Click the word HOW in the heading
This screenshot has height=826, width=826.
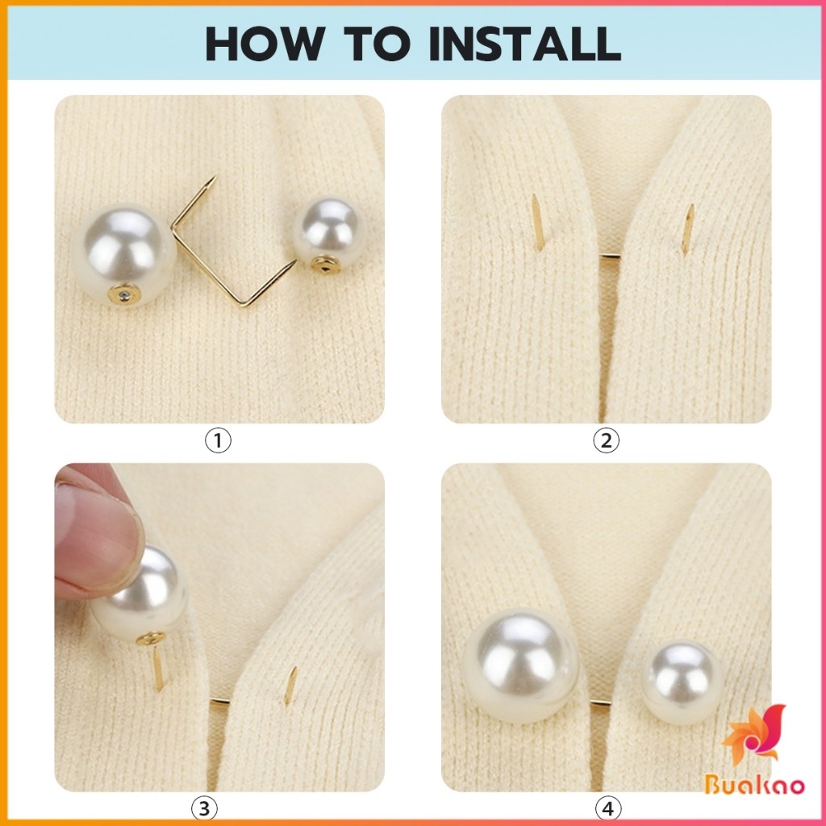pos(265,44)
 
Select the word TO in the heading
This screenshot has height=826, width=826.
pos(377,44)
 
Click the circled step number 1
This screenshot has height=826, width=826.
pos(218,440)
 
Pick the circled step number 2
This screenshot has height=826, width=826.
pos(607,440)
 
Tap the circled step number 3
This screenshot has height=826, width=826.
pos(204,808)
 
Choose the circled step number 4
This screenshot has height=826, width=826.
pos(608,808)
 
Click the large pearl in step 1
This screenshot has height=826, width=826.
pos(123,253)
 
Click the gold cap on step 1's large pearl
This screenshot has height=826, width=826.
pos(123,294)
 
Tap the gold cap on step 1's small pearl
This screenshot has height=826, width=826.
pos(324,264)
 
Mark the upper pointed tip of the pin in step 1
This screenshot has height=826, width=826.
pos(215,177)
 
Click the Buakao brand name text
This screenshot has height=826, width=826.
pos(754,785)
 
